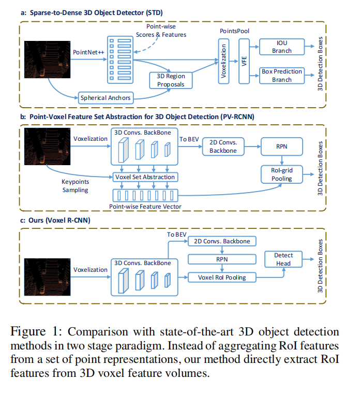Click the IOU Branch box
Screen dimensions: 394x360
pos(282,47)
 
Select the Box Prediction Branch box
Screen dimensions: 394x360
pos(282,76)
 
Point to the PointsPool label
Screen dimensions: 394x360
pos(235,32)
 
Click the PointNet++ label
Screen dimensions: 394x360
pos(88,53)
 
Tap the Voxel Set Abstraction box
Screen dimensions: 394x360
pos(145,177)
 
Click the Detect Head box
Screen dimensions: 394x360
pos(283,259)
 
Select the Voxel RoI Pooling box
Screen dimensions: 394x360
pos(221,278)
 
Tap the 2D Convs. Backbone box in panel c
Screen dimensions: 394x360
pos(221,241)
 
